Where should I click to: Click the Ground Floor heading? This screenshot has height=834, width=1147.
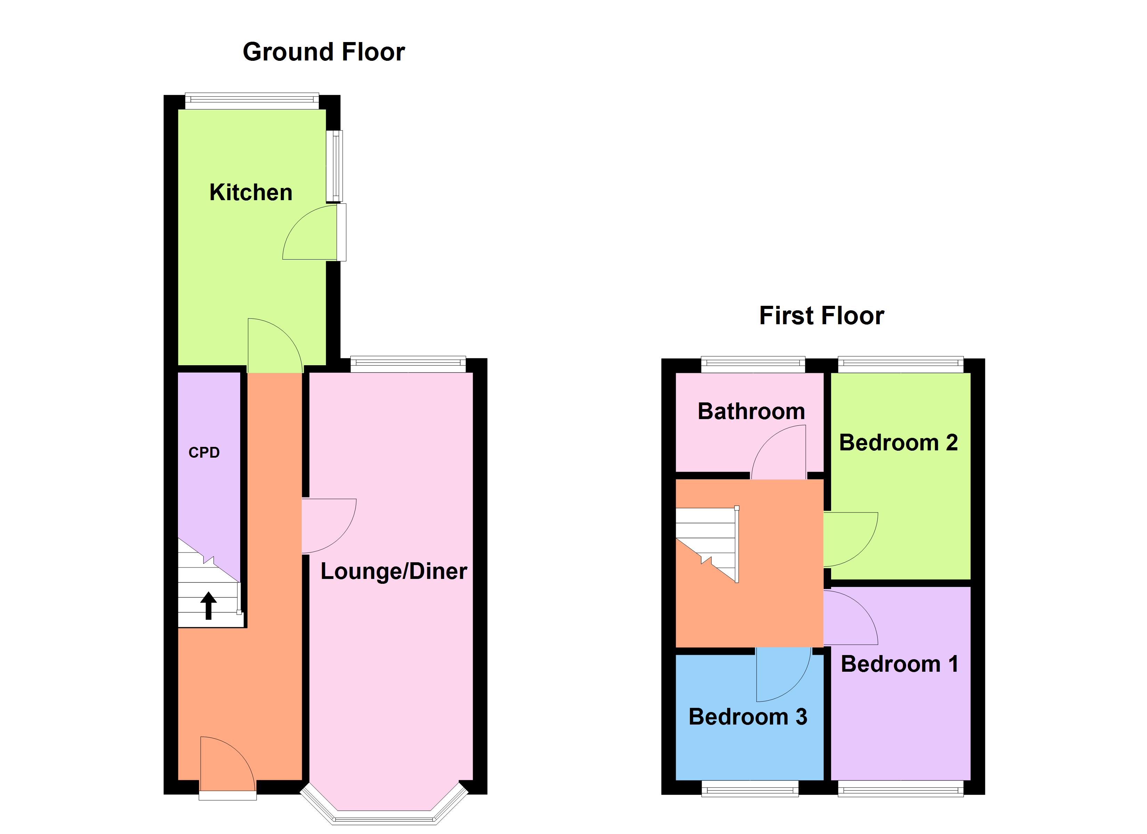(324, 52)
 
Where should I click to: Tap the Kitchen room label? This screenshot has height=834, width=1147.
(251, 193)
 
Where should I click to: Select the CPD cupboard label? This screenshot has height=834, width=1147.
(204, 453)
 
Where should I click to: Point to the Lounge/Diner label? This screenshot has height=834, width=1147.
(393, 572)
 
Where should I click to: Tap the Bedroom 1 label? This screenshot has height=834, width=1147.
(899, 664)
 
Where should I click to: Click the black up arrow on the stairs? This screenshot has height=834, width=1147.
(208, 606)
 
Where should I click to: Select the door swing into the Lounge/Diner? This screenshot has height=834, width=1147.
(326, 523)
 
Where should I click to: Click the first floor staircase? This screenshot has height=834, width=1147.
(708, 544)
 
